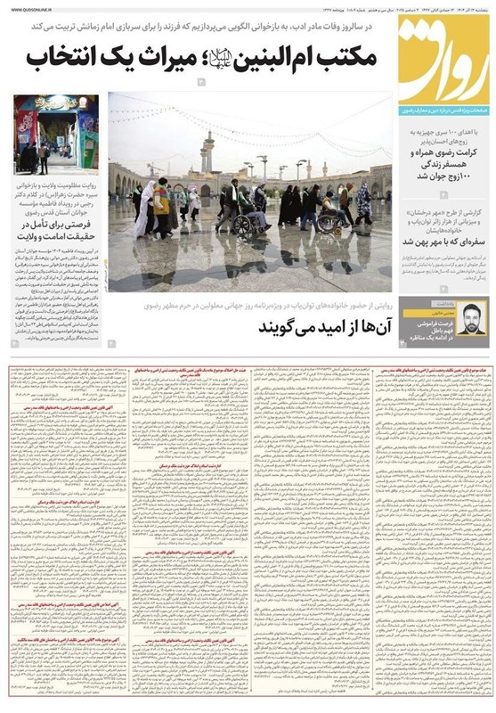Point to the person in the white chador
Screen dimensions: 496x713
click(144, 209)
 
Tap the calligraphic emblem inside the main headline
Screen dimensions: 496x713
click(222, 60)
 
